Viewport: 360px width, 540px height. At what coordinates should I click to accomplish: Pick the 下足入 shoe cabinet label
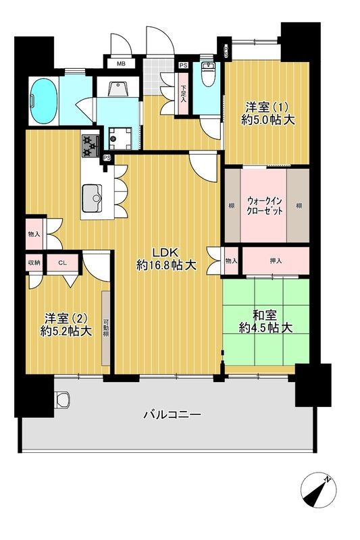(183, 90)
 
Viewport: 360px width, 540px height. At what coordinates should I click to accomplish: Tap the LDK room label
(166, 259)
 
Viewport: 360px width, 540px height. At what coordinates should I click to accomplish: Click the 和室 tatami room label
(265, 321)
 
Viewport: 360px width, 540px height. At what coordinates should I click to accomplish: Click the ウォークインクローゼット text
(265, 205)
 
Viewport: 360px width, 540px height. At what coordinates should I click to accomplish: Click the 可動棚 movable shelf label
(106, 327)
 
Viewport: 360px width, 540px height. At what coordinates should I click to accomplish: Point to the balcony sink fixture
(63, 400)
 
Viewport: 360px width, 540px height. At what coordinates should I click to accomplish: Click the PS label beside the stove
(106, 158)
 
